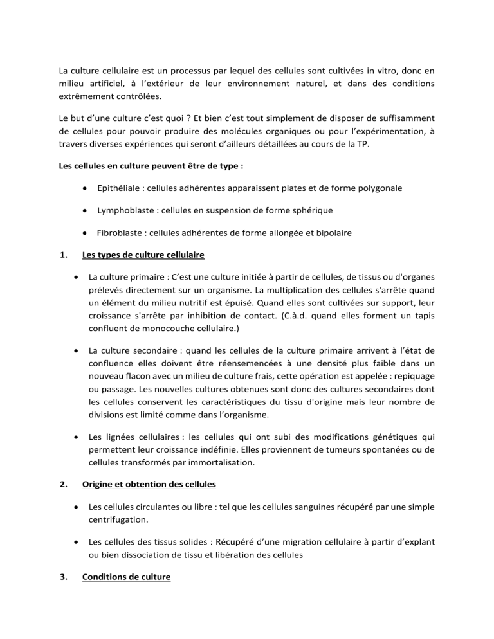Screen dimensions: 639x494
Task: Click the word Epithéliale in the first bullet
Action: click(x=120, y=188)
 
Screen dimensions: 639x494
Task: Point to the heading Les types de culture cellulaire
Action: click(x=143, y=255)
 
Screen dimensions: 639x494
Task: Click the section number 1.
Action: click(x=62, y=255)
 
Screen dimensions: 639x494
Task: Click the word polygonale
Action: click(x=380, y=188)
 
